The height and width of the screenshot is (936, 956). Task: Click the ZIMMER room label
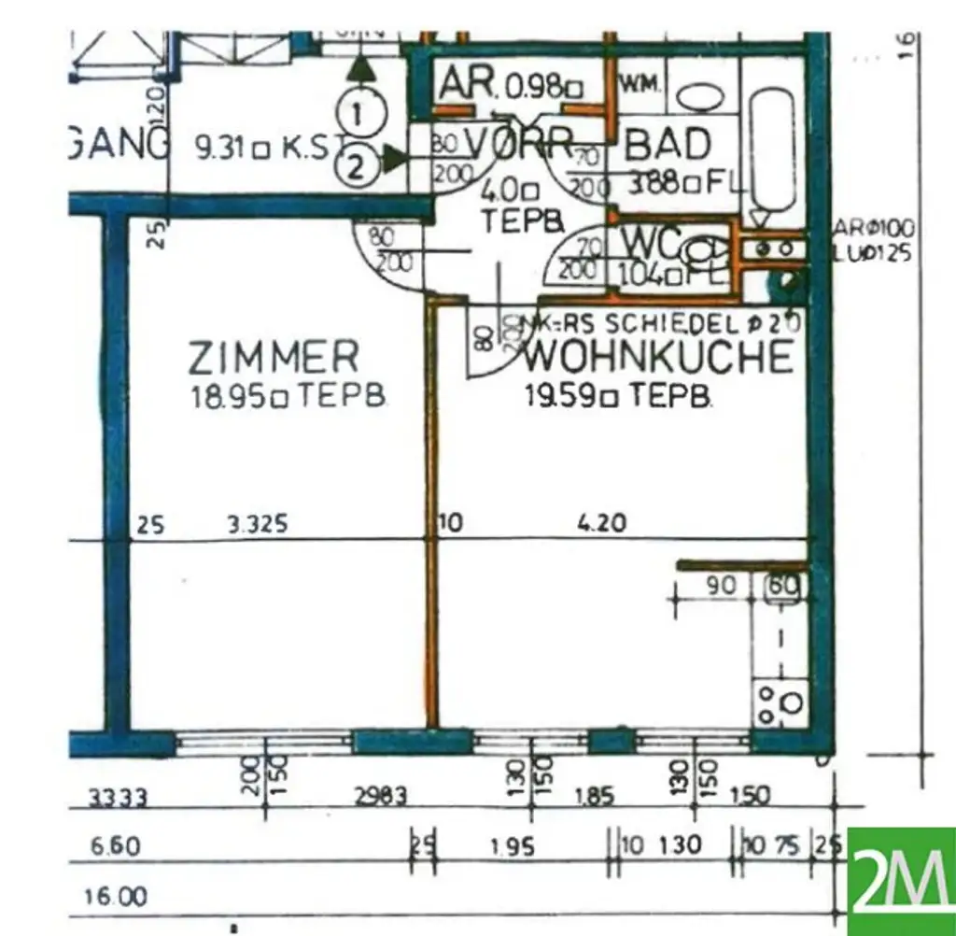[273, 357]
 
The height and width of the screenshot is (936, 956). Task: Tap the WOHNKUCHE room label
[658, 357]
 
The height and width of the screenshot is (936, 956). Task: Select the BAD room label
[667, 146]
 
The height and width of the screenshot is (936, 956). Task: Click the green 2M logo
[901, 881]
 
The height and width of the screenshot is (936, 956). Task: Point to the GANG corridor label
[118, 146]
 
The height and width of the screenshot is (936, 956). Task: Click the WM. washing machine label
[640, 83]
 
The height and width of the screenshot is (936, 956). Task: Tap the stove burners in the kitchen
[781, 702]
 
